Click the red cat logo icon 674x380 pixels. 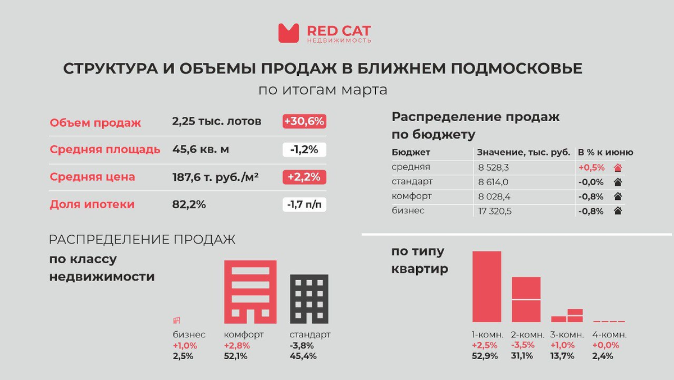click(x=289, y=33)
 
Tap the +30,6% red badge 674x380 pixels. click(x=304, y=122)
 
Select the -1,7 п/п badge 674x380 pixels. click(x=304, y=204)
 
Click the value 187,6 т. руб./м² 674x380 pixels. click(x=215, y=177)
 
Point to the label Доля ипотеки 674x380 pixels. click(x=92, y=204)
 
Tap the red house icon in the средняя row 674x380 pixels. click(x=618, y=167)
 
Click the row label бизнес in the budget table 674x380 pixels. click(x=408, y=211)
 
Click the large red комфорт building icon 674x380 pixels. click(x=251, y=291)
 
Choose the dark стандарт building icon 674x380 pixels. click(x=309, y=299)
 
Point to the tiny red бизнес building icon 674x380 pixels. click(x=177, y=320)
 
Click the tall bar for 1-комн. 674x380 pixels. click(x=486, y=286)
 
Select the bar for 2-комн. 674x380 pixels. click(x=526, y=299)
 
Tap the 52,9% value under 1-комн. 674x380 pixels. click(x=485, y=356)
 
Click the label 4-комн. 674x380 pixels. click(x=609, y=335)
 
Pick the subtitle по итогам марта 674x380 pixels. click(x=322, y=90)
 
